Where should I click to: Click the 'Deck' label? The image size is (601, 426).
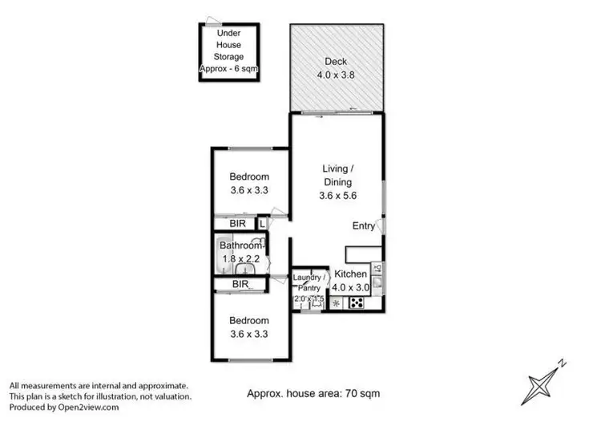pyautogui.click(x=335, y=62)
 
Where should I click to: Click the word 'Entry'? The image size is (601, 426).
pyautogui.click(x=364, y=227)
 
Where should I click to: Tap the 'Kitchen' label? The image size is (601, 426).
pyautogui.click(x=350, y=274)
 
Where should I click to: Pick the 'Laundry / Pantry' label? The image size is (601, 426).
pyautogui.click(x=309, y=282)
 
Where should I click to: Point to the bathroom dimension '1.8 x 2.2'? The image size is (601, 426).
pyautogui.click(x=240, y=259)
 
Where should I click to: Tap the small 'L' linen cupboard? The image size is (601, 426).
pyautogui.click(x=261, y=224)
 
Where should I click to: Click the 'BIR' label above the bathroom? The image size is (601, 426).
pyautogui.click(x=237, y=224)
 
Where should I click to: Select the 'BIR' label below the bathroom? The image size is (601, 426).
pyautogui.click(x=240, y=284)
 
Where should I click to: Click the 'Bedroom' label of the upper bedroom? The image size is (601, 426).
pyautogui.click(x=249, y=177)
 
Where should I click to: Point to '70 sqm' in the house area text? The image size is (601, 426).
pyautogui.click(x=362, y=394)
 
